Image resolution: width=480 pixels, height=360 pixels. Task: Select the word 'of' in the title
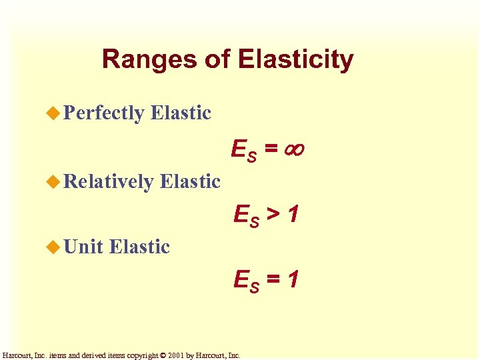tap(217, 60)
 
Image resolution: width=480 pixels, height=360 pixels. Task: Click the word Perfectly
tap(103, 113)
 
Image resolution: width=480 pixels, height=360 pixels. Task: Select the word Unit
tap(83, 247)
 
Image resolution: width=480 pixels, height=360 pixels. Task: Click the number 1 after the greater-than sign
tap(293, 214)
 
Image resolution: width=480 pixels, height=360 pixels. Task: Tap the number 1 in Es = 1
tap(293, 279)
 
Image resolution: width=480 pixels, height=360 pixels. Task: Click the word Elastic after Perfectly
tap(181, 113)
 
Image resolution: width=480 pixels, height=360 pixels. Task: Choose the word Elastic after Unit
tap(139, 247)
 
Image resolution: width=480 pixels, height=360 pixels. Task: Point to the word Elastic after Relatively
tap(190, 181)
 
